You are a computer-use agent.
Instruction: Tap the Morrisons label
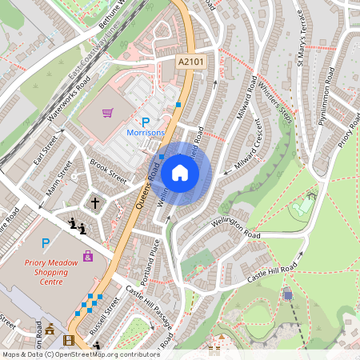(x=147, y=131)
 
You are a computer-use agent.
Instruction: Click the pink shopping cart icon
(x=107, y=113)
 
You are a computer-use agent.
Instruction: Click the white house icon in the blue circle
(x=180, y=173)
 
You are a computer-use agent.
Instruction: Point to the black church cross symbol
(x=94, y=203)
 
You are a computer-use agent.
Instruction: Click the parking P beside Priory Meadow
(x=45, y=242)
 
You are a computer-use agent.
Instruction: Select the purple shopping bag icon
(x=87, y=257)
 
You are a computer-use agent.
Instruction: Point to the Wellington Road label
(x=235, y=229)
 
